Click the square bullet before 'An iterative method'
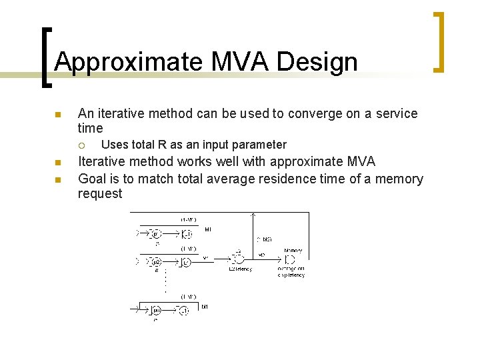57,115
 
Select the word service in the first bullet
393,113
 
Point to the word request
100,193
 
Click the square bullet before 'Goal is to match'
57,179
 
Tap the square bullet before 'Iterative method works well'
57,163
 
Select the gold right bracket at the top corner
439,41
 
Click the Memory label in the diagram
293,251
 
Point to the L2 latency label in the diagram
241,269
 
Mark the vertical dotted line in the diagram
165,281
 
